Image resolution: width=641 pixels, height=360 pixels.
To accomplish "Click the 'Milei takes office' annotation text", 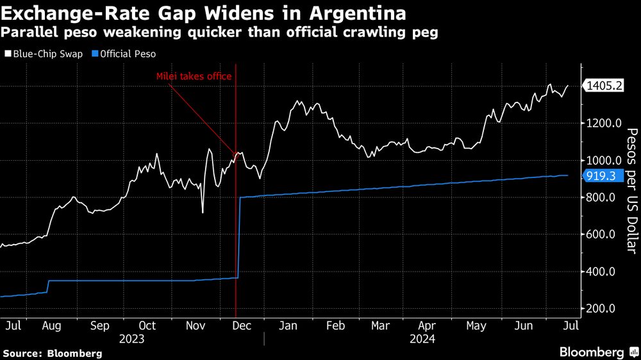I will tap(194, 76).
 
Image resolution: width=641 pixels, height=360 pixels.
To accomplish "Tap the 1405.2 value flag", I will tap(603, 86).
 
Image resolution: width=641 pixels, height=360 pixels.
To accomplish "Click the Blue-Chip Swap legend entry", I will tap(44, 54).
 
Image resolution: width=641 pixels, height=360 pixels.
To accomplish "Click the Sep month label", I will tap(99, 325).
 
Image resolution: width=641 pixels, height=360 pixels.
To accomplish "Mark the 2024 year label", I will tap(422, 339).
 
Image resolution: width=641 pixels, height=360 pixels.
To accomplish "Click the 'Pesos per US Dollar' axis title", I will tap(631, 190).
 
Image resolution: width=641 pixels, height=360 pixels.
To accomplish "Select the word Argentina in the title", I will tap(349, 13).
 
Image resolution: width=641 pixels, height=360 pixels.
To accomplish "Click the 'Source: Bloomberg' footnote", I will tap(53, 353).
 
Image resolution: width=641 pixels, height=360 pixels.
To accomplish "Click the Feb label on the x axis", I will tap(336, 325).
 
